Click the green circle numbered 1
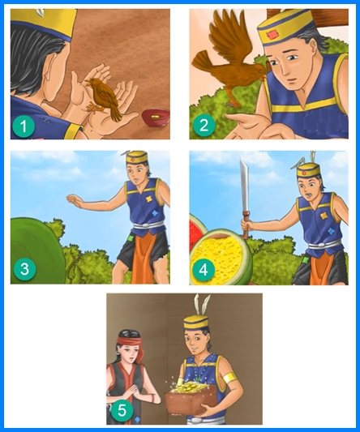[24, 126]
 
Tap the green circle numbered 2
[204, 126]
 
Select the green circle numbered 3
[24, 269]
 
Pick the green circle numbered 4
[204, 270]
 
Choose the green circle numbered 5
[122, 411]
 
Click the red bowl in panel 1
[156, 118]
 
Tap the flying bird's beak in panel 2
[265, 74]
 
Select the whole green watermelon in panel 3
[37, 250]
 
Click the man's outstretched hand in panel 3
[75, 200]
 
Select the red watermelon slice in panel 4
[196, 233]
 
